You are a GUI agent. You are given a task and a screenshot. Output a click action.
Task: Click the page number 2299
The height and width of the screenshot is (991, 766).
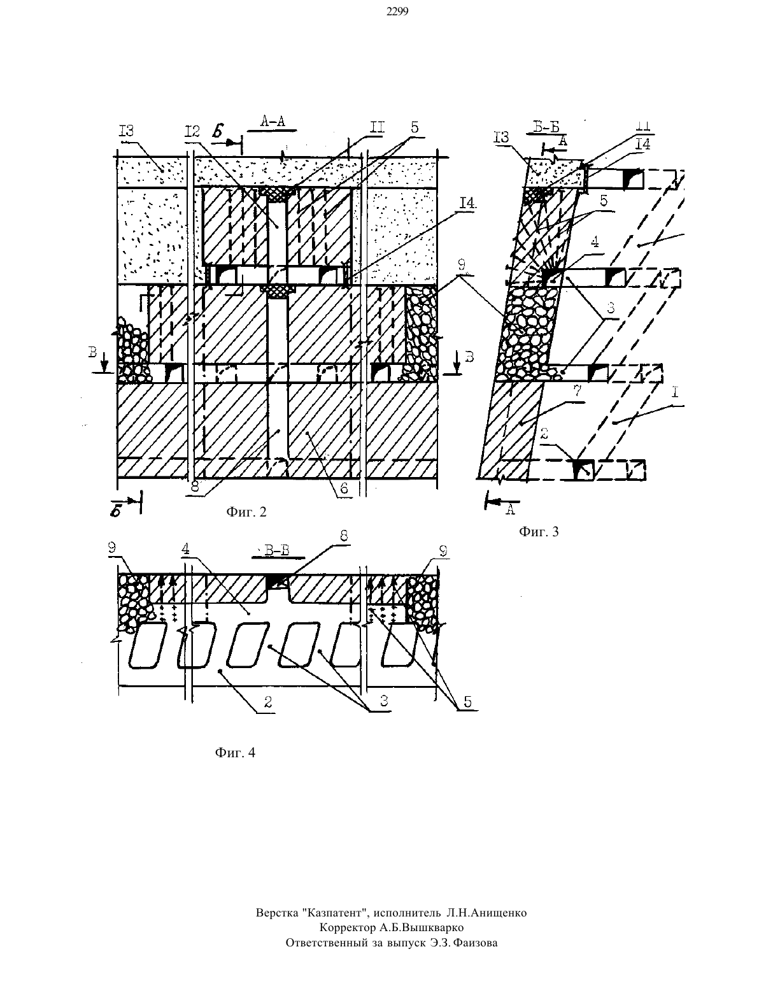(x=397, y=12)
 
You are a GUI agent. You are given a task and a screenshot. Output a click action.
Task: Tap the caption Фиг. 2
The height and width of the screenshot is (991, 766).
(x=246, y=512)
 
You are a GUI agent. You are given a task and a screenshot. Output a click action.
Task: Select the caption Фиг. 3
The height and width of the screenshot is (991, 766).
(x=539, y=532)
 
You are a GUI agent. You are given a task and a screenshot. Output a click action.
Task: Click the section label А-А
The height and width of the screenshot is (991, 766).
(x=272, y=121)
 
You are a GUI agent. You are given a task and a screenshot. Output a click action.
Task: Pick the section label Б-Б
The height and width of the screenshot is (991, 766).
(x=547, y=127)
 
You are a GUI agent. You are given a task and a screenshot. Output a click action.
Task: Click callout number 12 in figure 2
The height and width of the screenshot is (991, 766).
(x=192, y=132)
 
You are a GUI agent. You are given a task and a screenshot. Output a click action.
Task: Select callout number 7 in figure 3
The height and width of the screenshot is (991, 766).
(x=578, y=391)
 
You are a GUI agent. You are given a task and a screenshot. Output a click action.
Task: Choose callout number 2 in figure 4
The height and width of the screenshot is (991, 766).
(x=268, y=702)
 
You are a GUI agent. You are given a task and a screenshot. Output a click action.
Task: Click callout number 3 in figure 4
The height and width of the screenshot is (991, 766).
(x=384, y=701)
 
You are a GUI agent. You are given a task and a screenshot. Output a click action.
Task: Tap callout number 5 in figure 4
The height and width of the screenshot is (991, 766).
(x=468, y=702)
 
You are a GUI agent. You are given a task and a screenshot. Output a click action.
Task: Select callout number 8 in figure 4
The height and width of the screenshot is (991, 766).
(x=344, y=536)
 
